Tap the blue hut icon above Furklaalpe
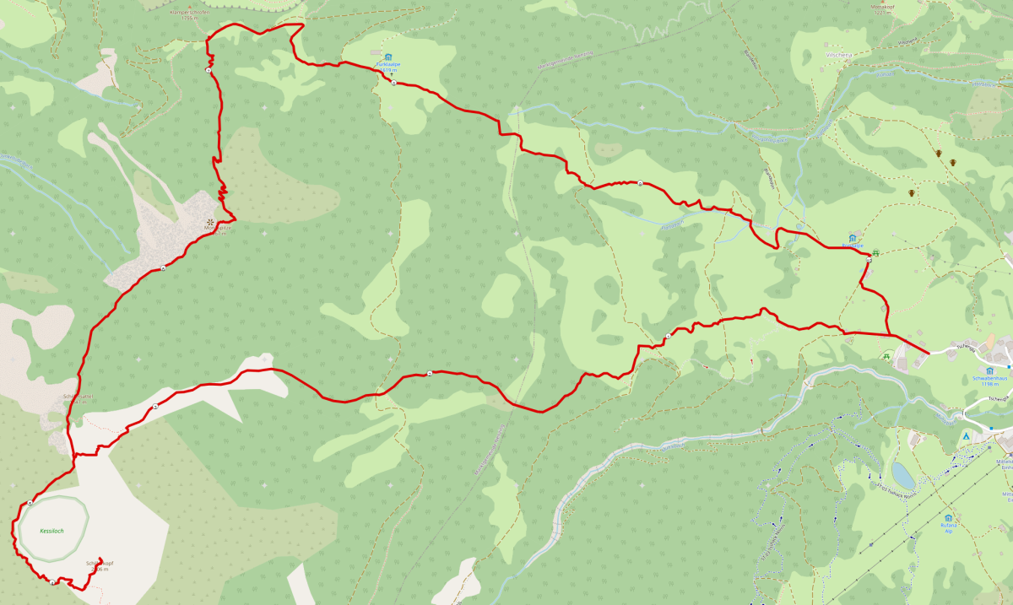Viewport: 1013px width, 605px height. coord(387,57)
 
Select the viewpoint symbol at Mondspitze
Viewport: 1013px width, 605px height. coord(209,221)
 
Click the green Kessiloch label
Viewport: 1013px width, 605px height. coord(51,532)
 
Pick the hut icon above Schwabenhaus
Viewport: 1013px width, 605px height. coord(989,370)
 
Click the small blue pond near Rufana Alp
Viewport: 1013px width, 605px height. coord(903,475)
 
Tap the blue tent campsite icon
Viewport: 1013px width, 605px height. coord(967,436)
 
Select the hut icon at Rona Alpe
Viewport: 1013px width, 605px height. coord(853,239)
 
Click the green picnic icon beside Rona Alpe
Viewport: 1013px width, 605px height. coord(875,252)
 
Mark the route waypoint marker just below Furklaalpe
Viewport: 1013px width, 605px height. coord(393,83)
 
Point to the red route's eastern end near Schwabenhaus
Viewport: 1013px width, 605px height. coord(929,352)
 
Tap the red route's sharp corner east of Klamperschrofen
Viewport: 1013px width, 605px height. coord(302,24)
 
